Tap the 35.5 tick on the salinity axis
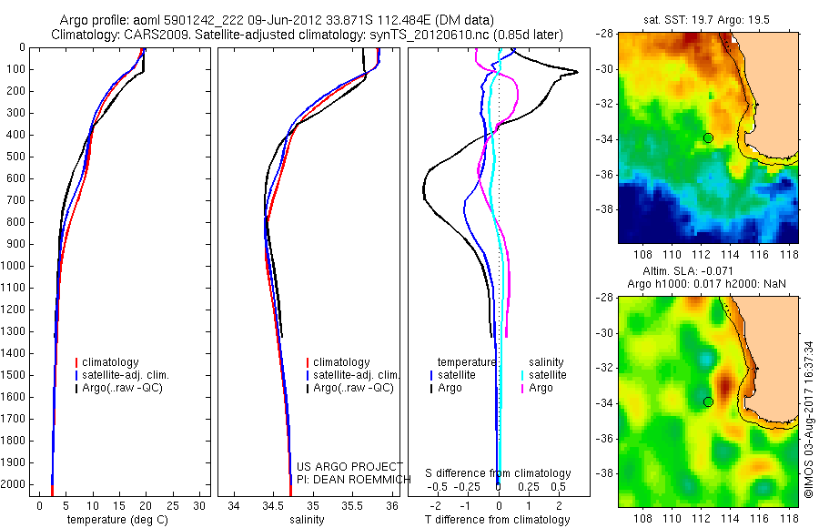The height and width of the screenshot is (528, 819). tap(352, 505)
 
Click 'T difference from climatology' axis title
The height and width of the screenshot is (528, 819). tap(498, 520)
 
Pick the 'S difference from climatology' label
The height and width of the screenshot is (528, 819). tap(498, 473)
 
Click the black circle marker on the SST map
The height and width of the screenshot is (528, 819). tap(708, 137)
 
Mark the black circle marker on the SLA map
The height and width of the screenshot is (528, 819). tap(708, 401)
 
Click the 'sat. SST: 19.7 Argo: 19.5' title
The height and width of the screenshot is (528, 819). tap(710, 19)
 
